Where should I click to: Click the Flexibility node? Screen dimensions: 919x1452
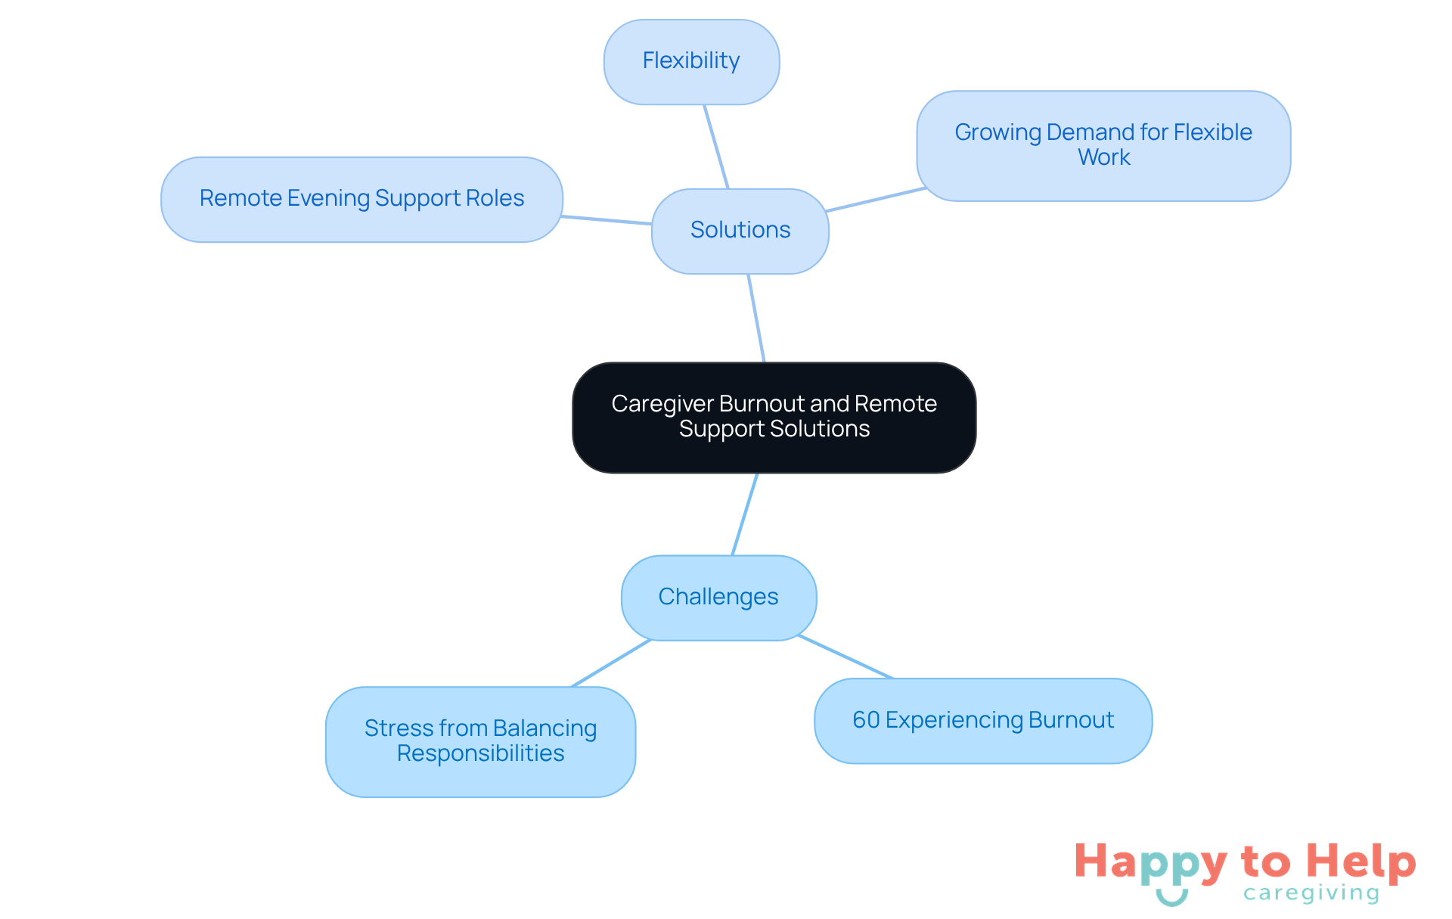pyautogui.click(x=691, y=61)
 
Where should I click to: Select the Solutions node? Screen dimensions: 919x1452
pyautogui.click(x=740, y=230)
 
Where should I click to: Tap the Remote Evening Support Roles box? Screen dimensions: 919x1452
pyautogui.click(x=361, y=199)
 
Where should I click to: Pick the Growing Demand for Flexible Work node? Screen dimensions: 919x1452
pyautogui.click(x=1103, y=145)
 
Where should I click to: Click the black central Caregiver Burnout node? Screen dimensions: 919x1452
pyautogui.click(x=774, y=417)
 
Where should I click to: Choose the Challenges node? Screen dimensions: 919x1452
pyautogui.click(x=718, y=598)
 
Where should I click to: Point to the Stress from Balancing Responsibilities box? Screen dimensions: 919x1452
pyautogui.click(x=480, y=741)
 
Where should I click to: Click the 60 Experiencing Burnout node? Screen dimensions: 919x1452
pyautogui.click(x=982, y=720)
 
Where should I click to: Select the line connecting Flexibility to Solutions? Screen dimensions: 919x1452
pyautogui.click(x=716, y=147)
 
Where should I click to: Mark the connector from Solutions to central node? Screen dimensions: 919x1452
pyautogui.click(x=756, y=318)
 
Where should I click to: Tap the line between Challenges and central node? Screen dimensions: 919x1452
pyautogui.click(x=745, y=514)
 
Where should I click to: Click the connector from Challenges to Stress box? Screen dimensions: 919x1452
pyautogui.click(x=611, y=663)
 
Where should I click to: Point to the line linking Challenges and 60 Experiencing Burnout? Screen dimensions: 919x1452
pyautogui.click(x=845, y=657)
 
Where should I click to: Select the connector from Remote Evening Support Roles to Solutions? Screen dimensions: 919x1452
pyautogui.click(x=607, y=220)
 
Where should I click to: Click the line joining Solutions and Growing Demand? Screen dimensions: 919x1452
pyautogui.click(x=876, y=199)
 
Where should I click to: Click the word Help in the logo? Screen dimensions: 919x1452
pyautogui.click(x=1361, y=862)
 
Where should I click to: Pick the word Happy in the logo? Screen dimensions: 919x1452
pyautogui.click(x=1150, y=863)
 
